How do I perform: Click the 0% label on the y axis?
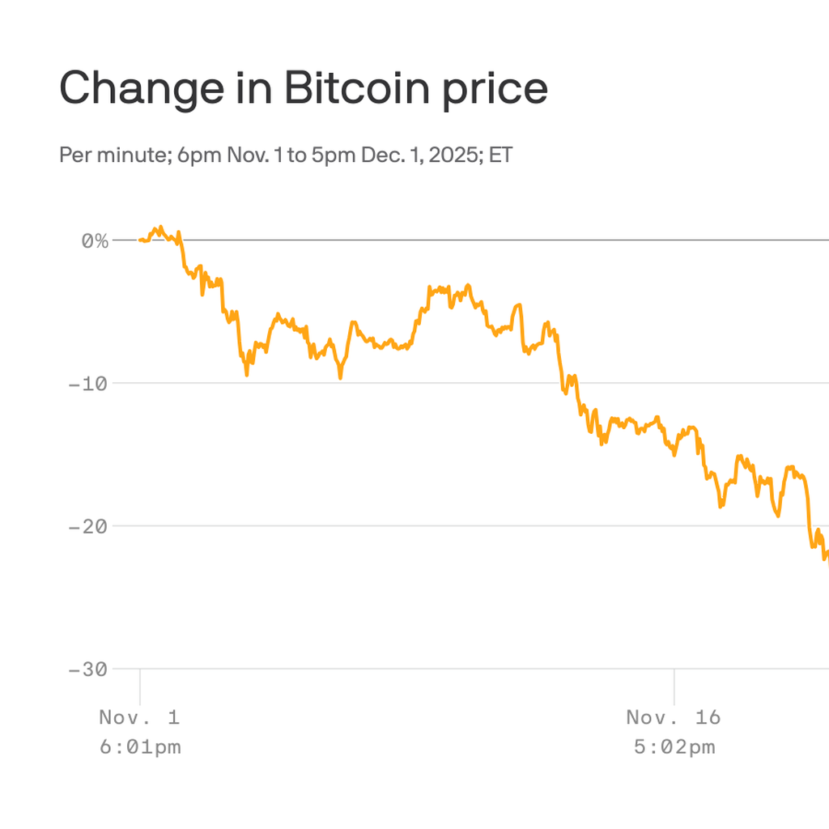(95, 240)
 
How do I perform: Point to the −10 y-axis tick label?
(87, 383)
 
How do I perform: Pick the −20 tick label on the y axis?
(87, 526)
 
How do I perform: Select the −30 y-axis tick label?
(87, 670)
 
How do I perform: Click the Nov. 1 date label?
(139, 717)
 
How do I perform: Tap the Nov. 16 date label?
(674, 717)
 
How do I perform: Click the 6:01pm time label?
(140, 746)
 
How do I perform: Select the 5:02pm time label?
(674, 746)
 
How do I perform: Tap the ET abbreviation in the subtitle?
(500, 155)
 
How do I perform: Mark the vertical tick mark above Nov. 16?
(674, 687)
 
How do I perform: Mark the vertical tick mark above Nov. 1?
(140, 687)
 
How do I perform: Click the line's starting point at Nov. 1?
(140, 240)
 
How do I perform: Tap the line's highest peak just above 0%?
(161, 227)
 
